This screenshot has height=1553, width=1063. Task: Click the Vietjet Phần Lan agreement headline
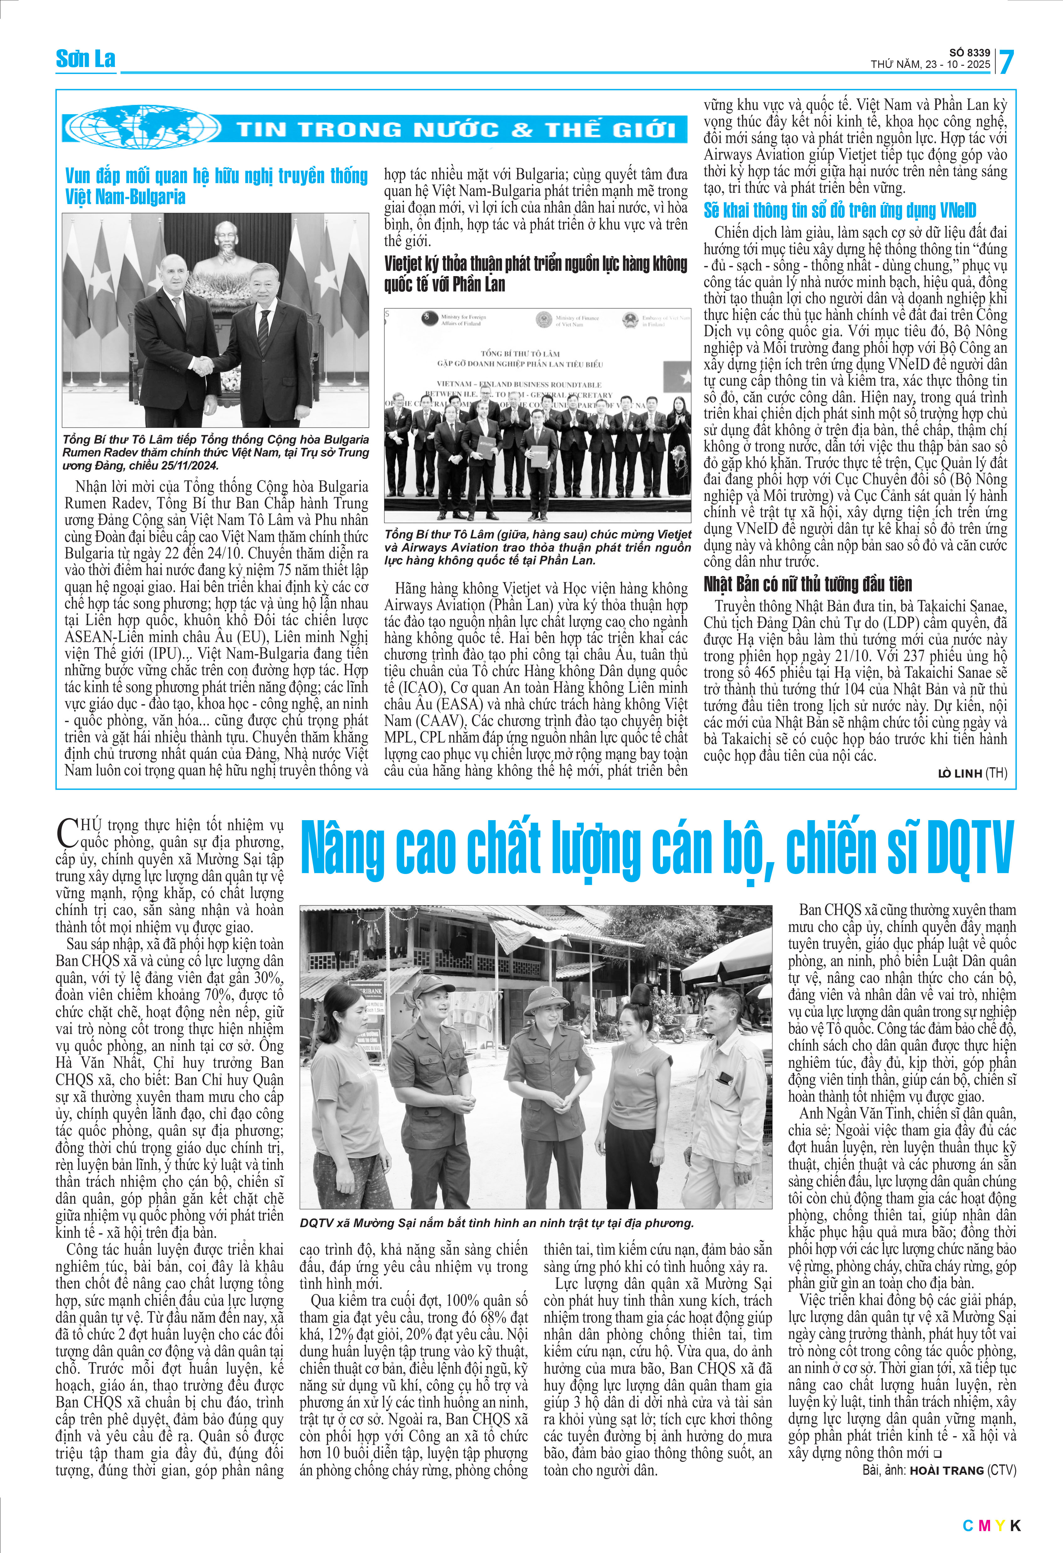pyautogui.click(x=535, y=274)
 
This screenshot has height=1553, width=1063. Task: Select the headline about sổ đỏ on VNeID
pyautogui.click(x=840, y=210)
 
